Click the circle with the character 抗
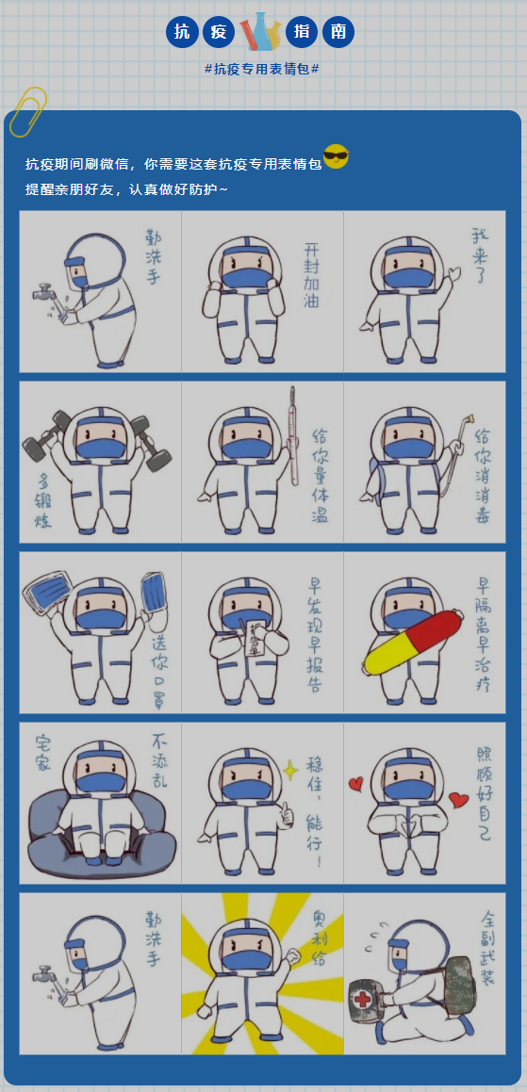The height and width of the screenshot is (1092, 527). click(182, 32)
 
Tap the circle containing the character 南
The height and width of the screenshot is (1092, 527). click(338, 32)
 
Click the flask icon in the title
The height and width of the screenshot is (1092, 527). click(261, 32)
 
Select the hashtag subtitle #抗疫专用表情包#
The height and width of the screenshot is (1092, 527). click(261, 69)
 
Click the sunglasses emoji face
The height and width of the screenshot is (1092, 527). click(336, 156)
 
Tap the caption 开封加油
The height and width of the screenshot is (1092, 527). click(312, 276)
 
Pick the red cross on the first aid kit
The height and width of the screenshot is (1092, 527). click(363, 1000)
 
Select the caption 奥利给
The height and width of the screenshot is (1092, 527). click(320, 939)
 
